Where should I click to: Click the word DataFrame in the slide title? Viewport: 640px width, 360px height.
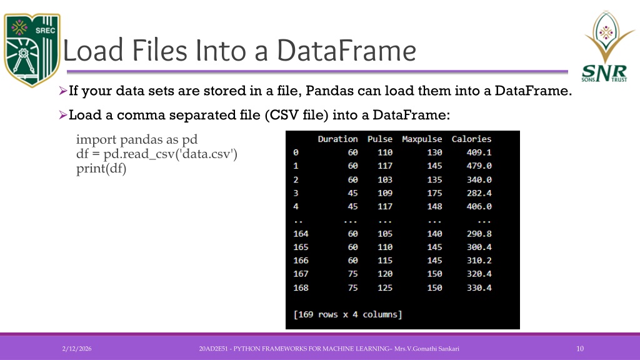click(x=346, y=51)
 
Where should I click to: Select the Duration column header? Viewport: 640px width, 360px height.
click(x=337, y=139)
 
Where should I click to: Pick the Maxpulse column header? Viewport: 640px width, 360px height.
click(x=422, y=139)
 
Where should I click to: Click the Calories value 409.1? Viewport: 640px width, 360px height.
click(x=479, y=152)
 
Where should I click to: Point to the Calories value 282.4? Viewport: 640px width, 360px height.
click(x=479, y=192)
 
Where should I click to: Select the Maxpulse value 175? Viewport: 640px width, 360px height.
click(x=434, y=192)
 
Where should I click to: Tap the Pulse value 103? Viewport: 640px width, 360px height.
click(x=384, y=179)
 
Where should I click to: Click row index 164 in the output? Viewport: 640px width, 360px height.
click(x=301, y=234)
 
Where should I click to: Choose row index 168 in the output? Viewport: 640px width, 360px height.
click(x=301, y=287)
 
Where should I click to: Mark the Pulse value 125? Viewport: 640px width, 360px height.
click(x=384, y=287)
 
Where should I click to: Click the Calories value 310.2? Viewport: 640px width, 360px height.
click(x=479, y=261)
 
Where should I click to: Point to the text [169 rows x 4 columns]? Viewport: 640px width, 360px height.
click(x=347, y=314)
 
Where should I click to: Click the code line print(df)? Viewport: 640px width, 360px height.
click(x=101, y=169)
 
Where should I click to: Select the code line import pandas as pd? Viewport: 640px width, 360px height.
click(x=137, y=139)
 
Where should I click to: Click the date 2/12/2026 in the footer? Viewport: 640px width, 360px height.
click(x=77, y=349)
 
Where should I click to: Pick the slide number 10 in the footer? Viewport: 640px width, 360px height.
click(x=580, y=349)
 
